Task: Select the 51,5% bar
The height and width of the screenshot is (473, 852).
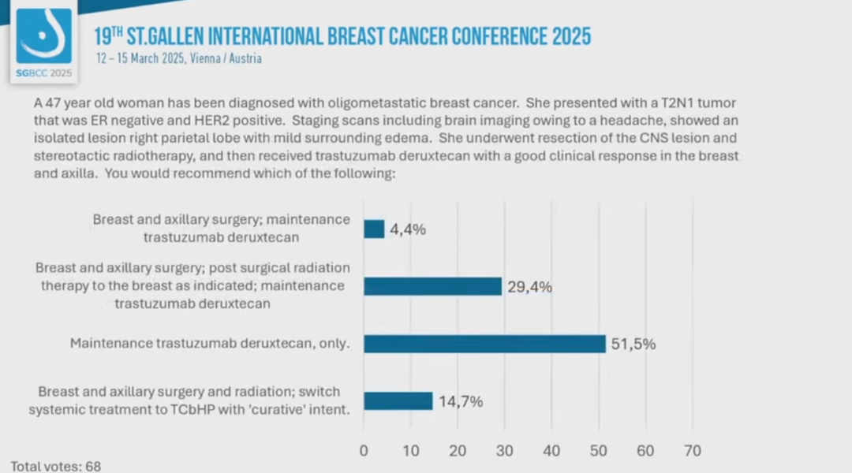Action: [484, 344]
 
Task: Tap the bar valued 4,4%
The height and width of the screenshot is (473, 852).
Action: [374, 229]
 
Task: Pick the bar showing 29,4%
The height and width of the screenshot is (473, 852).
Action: [432, 286]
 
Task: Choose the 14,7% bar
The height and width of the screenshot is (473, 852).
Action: [398, 400]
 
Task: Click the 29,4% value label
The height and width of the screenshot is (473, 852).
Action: [529, 287]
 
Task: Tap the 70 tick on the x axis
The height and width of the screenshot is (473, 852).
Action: [693, 451]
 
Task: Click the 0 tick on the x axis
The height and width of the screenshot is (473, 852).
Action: [364, 451]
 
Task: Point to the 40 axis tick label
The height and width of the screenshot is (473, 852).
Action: [551, 451]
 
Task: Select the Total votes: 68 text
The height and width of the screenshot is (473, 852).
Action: [55, 466]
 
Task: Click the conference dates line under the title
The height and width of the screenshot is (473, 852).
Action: [178, 58]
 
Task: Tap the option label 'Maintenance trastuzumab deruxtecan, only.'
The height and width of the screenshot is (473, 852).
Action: [210, 344]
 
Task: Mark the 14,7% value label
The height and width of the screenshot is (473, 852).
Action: [461, 401]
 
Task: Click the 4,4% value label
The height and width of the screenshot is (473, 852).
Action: [408, 230]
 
